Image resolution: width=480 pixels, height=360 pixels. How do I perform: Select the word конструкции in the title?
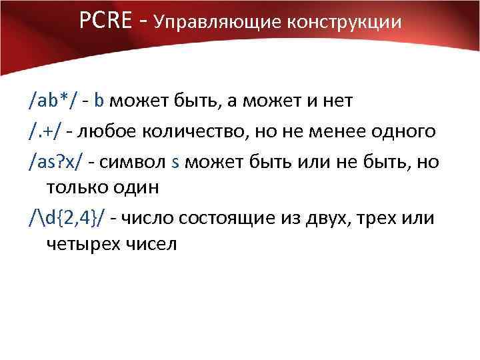click(345, 23)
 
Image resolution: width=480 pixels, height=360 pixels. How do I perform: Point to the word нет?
click(337, 101)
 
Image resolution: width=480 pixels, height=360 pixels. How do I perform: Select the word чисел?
click(151, 245)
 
